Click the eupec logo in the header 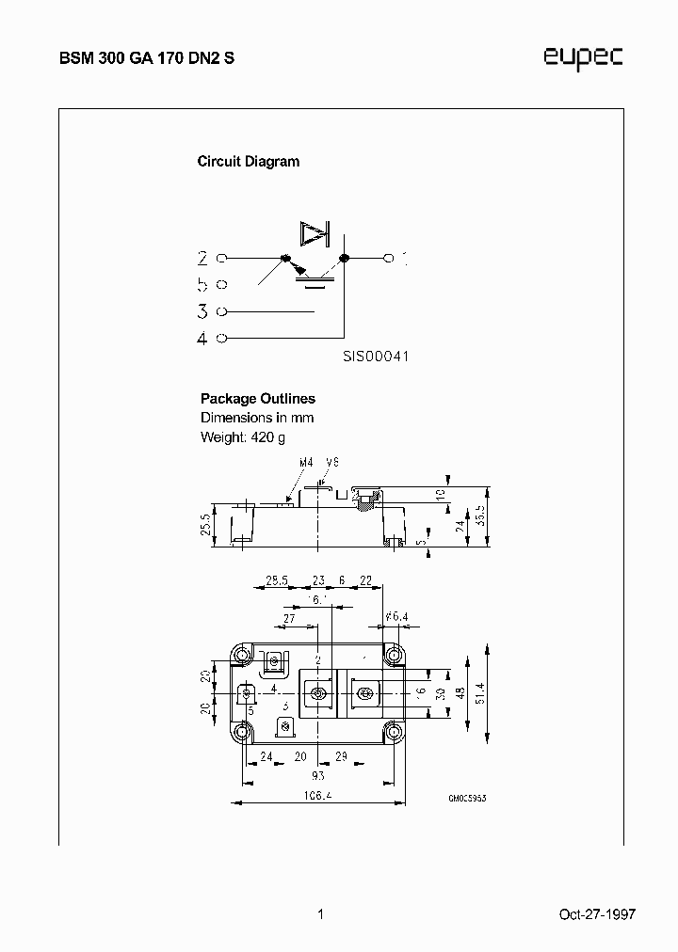[x=583, y=58]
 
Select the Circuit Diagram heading [x=248, y=161]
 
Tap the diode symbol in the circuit [x=312, y=232]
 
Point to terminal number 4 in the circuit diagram [x=202, y=339]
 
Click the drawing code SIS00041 [x=375, y=357]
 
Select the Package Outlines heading [x=258, y=399]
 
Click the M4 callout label [x=305, y=463]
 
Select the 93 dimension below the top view [x=317, y=775]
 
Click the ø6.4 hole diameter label [x=396, y=616]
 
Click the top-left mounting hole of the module [x=243, y=655]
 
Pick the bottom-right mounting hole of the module [x=392, y=732]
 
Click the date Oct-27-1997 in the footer [x=597, y=913]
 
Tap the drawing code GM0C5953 [x=467, y=797]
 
